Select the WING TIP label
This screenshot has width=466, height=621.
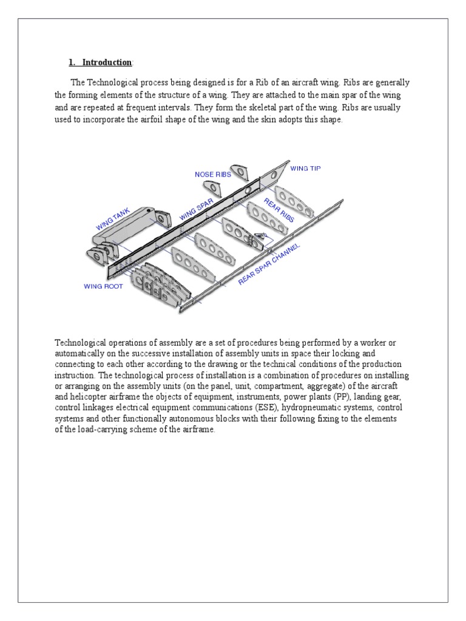(x=305, y=168)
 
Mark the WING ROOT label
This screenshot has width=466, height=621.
(x=103, y=286)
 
